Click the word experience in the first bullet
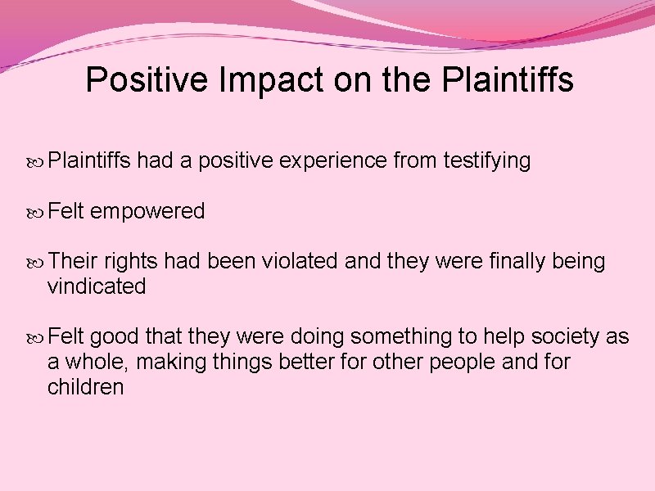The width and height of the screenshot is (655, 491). coord(333,161)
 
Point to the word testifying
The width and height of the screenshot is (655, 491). coord(487,161)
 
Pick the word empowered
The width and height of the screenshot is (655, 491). coord(147,212)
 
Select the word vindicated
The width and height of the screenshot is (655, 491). coord(97,287)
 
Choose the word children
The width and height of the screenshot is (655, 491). coord(86,387)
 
